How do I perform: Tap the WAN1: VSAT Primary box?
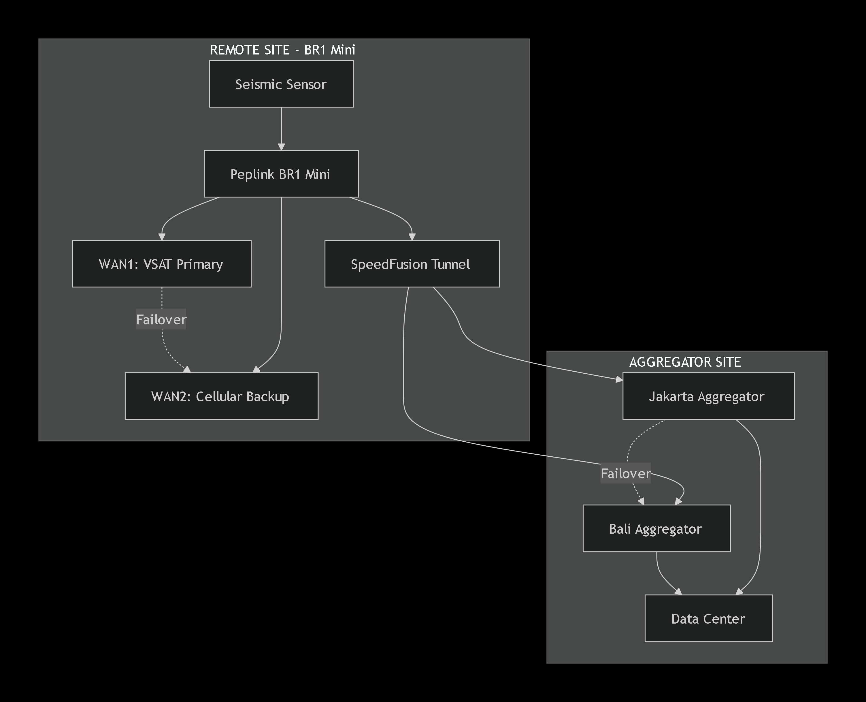coord(162,264)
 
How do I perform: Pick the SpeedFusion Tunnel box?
coord(412,264)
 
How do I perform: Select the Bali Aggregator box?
coord(656,528)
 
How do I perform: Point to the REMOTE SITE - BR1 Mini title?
coord(282,50)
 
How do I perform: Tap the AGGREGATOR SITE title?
coord(685,362)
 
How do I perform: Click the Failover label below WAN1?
coord(161,319)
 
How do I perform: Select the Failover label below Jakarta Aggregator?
coord(625,473)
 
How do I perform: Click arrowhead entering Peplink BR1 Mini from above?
coord(281,146)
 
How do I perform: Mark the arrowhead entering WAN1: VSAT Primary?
coord(162,237)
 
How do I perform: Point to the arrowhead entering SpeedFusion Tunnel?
coord(412,237)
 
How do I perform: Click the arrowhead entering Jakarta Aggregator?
coord(619,379)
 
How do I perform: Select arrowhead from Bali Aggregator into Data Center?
coord(678,592)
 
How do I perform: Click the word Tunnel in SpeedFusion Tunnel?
coord(450,264)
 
